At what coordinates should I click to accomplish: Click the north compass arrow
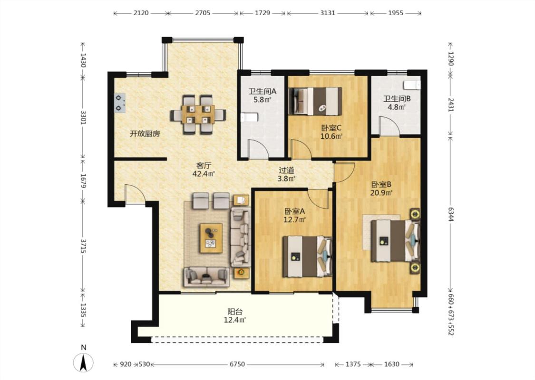point(83,362)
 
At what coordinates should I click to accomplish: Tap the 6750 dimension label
point(237,364)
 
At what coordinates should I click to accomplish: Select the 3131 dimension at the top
point(328,13)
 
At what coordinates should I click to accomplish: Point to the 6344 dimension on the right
point(451,214)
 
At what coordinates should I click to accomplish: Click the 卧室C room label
point(331,128)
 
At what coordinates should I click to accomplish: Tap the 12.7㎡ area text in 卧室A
point(294,219)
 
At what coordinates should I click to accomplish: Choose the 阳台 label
point(235,312)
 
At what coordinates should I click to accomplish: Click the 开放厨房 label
point(145,133)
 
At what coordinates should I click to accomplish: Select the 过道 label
point(286,170)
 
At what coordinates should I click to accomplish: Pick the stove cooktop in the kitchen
point(119,103)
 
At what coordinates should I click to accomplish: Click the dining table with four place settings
point(198,114)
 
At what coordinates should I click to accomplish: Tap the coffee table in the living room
point(211,238)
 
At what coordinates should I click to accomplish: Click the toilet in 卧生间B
point(412,85)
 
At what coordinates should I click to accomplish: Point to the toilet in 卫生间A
point(249,118)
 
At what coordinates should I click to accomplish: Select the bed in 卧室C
point(315,101)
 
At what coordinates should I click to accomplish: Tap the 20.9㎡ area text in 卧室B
point(381,192)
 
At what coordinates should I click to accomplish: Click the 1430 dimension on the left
point(83,60)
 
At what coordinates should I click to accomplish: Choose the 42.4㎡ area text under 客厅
point(204,173)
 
